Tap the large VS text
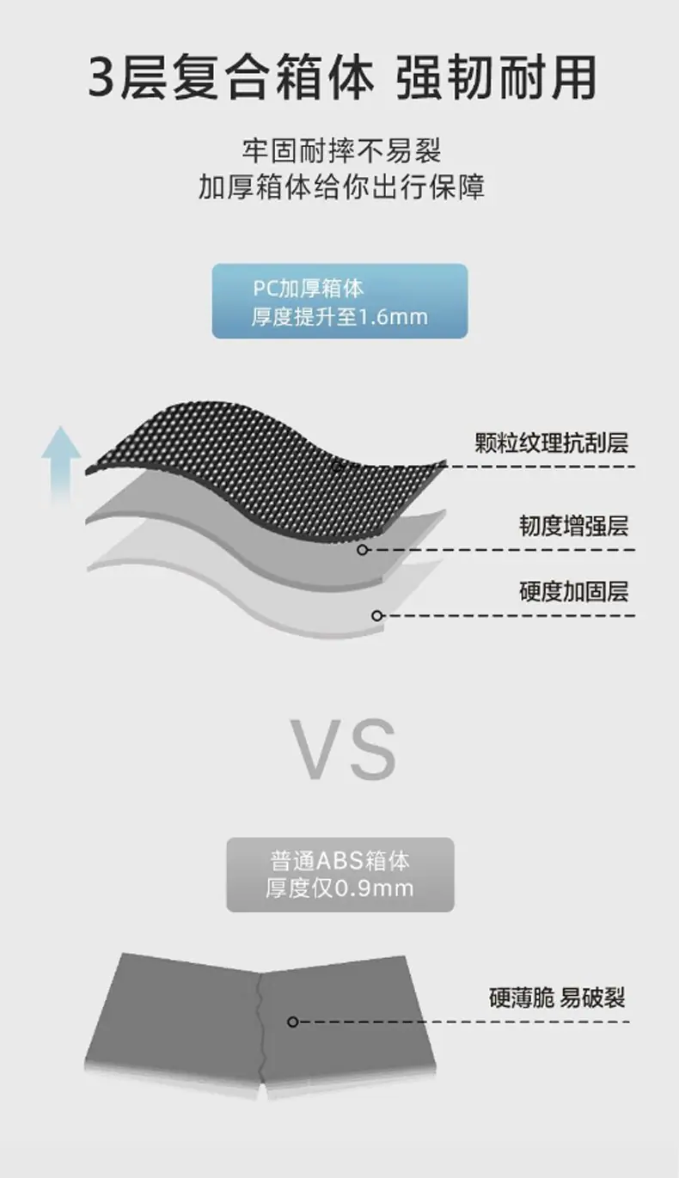[342, 749]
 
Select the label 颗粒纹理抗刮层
[551, 443]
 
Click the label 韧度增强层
[573, 526]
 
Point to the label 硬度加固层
[573, 591]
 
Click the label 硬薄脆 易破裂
[556, 998]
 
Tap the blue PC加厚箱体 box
[339, 301]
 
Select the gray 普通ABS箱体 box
[339, 874]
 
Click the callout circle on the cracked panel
[293, 1022]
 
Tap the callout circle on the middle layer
[363, 550]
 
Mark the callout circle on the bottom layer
[376, 615]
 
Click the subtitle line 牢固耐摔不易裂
[341, 151]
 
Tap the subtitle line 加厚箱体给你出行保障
[341, 187]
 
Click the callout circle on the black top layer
[338, 467]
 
